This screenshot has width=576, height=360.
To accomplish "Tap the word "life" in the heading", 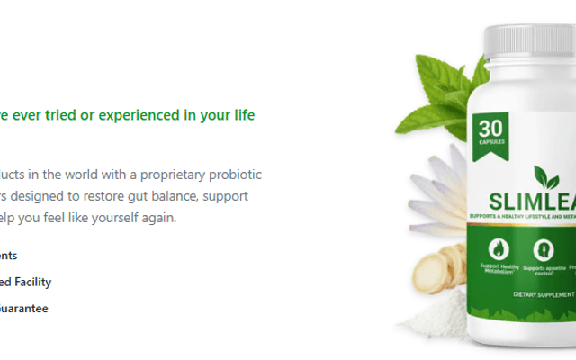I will (243, 115).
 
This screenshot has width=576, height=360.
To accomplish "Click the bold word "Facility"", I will (31, 282).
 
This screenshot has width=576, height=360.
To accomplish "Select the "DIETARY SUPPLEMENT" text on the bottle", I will (544, 294).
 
